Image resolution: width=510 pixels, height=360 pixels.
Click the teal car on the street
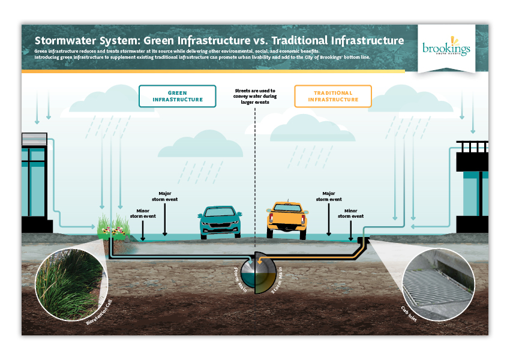[x=220, y=222]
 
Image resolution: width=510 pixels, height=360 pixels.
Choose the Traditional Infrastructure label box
[x=333, y=96]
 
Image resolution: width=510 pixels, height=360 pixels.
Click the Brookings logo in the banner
[x=446, y=49]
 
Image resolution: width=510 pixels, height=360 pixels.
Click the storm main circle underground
[x=255, y=275]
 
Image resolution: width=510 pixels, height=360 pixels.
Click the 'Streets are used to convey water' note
[x=256, y=96]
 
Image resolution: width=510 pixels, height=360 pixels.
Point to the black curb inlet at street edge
[x=362, y=240]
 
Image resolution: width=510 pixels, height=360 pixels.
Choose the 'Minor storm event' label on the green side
[x=143, y=214]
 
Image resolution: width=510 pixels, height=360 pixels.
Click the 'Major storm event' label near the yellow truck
[x=328, y=196]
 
